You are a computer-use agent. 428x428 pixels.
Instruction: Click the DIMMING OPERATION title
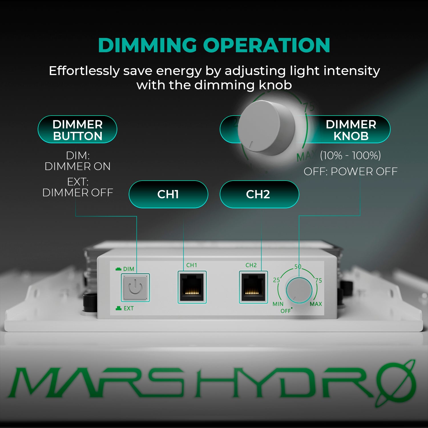[214, 45]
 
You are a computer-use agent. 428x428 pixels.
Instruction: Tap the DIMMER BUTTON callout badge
[77, 130]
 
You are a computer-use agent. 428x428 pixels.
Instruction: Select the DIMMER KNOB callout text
[351, 130]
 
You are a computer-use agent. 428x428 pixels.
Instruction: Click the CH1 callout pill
[168, 194]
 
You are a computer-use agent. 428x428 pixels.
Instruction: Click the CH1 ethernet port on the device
[192, 287]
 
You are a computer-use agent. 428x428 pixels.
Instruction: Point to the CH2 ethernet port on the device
[253, 287]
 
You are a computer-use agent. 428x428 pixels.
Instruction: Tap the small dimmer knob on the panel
[299, 290]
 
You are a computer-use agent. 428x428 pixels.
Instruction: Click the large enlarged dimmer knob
[267, 127]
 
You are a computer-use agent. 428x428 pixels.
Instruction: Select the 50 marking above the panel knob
[298, 267]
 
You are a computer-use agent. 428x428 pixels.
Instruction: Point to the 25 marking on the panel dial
[276, 280]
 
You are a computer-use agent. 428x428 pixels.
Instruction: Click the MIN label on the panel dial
[278, 304]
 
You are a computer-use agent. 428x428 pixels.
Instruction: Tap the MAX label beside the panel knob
[316, 304]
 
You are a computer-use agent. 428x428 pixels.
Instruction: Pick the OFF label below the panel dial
[285, 311]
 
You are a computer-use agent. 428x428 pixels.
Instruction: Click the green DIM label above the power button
[128, 269]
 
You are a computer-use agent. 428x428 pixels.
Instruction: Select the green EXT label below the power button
[128, 308]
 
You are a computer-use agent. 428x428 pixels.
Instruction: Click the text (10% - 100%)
[350, 156]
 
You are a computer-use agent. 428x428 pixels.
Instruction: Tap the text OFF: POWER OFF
[350, 171]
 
